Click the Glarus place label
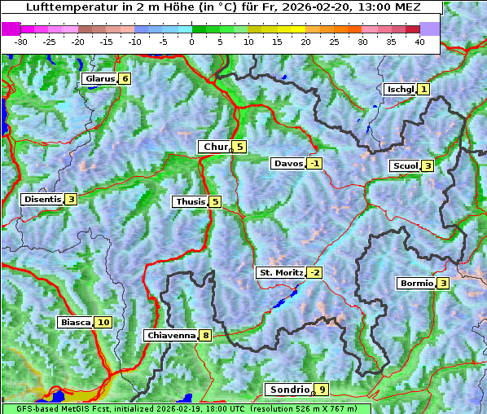99,79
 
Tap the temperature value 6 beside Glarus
124,79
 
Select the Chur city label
216,147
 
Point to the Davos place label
287,164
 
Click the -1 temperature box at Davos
314,164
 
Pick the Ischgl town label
400,89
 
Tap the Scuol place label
405,166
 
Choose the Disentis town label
42,199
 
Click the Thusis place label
190,201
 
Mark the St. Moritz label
280,272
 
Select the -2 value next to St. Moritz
314,272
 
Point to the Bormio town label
415,284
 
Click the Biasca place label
75,323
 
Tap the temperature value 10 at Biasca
103,323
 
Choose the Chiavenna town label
170,335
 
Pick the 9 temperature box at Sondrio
322,390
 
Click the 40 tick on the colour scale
419,42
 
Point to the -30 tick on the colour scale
21,42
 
